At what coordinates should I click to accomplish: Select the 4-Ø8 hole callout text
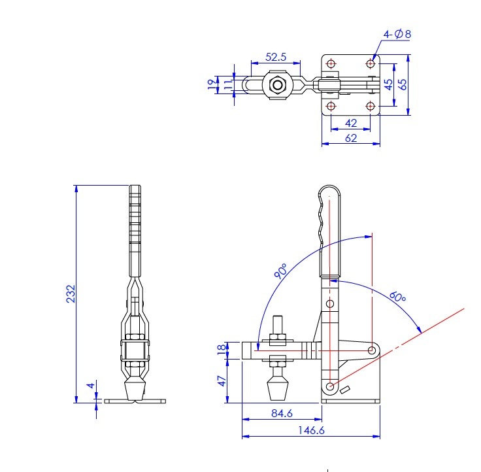pos(397,33)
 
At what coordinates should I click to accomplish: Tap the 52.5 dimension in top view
pos(276,57)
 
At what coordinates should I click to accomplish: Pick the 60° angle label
pos(398,297)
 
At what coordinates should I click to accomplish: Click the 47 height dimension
pos(222,380)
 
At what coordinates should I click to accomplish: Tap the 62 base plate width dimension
pos(351,138)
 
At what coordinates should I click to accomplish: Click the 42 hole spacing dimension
pos(351,123)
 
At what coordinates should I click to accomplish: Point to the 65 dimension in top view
pos(403,84)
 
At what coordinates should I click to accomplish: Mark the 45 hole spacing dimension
pos(389,84)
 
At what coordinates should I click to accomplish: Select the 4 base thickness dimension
pos(92,386)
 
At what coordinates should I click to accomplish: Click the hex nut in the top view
pos(277,85)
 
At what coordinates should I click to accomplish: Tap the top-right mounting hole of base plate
pos(371,63)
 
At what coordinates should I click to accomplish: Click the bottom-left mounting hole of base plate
pos(331,106)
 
